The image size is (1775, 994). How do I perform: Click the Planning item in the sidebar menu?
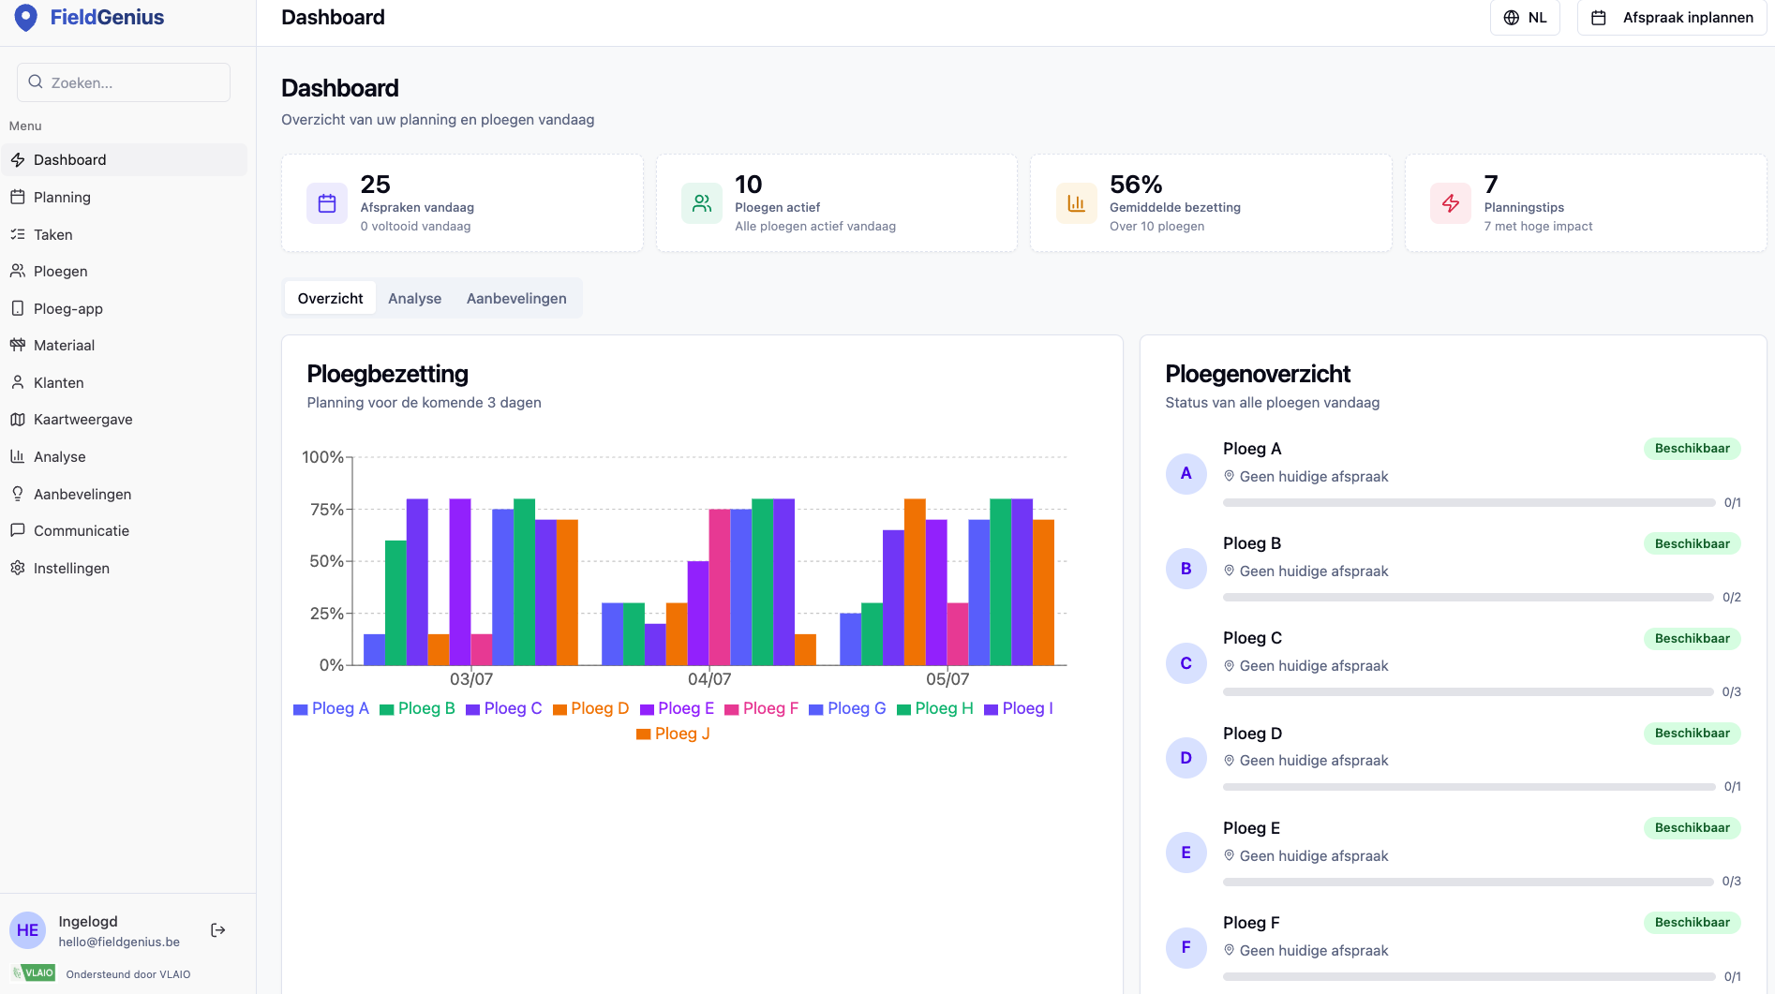coord(62,197)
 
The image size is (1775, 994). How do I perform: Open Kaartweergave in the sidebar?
coord(82,419)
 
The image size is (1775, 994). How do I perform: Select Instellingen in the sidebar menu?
coord(71,568)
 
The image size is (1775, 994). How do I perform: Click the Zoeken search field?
coord(124,82)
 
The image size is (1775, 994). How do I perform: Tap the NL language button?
coord(1525,18)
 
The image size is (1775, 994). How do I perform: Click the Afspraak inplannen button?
coord(1672,18)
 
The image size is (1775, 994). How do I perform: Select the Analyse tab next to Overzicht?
coord(414,298)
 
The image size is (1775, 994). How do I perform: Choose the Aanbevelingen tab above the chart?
coord(516,298)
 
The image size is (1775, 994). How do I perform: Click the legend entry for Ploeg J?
coord(673,734)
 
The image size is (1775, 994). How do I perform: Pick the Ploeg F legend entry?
coord(761,708)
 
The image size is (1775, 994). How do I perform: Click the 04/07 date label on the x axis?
coord(709,679)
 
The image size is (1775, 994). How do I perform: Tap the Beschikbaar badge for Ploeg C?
coord(1692,638)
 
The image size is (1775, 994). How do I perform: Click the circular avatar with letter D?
coord(1186,758)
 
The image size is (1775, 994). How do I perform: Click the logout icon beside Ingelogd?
coord(218,930)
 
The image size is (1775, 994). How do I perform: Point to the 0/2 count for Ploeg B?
coord(1732,597)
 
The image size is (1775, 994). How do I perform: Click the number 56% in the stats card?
coord(1136,184)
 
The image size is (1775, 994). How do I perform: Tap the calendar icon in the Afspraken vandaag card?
coord(327,203)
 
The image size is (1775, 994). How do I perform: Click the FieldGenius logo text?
coord(107,17)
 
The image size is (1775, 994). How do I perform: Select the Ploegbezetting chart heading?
coord(387,374)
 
